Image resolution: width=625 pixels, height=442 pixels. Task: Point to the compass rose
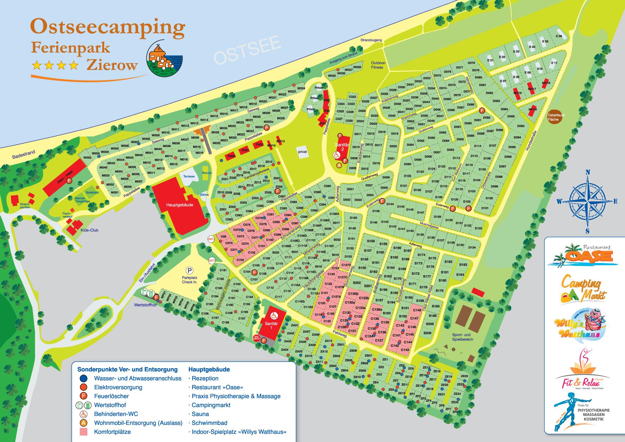click(x=587, y=201)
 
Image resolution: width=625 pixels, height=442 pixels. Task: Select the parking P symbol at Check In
click(x=189, y=271)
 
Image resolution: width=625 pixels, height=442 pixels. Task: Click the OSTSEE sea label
click(x=247, y=52)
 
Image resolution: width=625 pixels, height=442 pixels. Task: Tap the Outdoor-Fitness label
click(x=377, y=65)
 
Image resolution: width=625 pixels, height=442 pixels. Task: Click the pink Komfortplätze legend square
click(x=83, y=432)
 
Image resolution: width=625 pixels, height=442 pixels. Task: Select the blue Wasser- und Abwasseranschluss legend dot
click(x=83, y=379)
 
